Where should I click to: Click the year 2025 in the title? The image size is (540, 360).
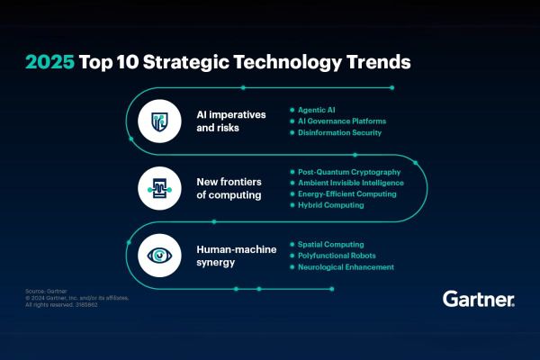[49, 63]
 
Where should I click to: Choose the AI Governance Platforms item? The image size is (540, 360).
[343, 121]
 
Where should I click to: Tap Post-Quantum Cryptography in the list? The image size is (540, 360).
[349, 170]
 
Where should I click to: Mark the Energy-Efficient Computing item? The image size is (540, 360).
[346, 193]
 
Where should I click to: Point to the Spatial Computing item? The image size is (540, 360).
[330, 244]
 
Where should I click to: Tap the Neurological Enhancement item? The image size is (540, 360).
[345, 267]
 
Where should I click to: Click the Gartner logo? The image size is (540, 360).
[479, 299]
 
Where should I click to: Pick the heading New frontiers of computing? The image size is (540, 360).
[229, 187]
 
